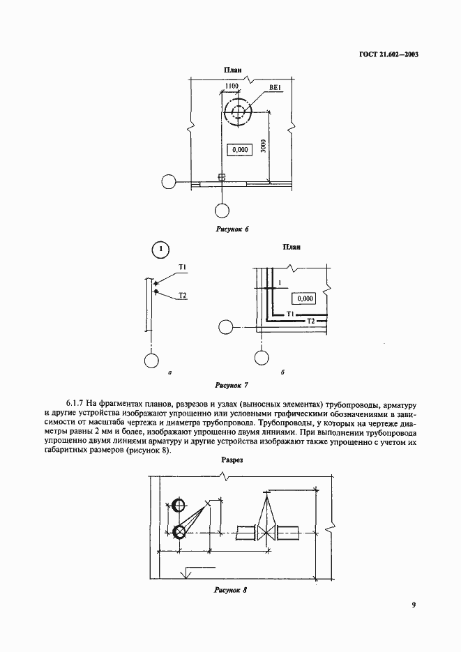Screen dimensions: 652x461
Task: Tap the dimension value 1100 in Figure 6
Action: [x=232, y=86]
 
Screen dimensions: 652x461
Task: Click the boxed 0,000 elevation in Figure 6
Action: [x=239, y=150]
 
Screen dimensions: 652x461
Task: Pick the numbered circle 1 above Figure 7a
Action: [x=160, y=249]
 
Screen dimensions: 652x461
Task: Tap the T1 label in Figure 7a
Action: [x=182, y=267]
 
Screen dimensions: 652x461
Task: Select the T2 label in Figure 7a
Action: [x=182, y=296]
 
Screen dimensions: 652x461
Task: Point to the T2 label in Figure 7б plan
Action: [x=312, y=320]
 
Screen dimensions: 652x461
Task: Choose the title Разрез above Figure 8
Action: [x=232, y=461]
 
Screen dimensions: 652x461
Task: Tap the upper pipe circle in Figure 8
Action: [x=179, y=506]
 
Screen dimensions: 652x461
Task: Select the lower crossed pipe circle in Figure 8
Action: [x=179, y=533]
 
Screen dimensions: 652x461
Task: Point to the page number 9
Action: [x=414, y=605]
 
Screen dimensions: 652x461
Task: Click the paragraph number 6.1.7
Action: [x=76, y=404]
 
